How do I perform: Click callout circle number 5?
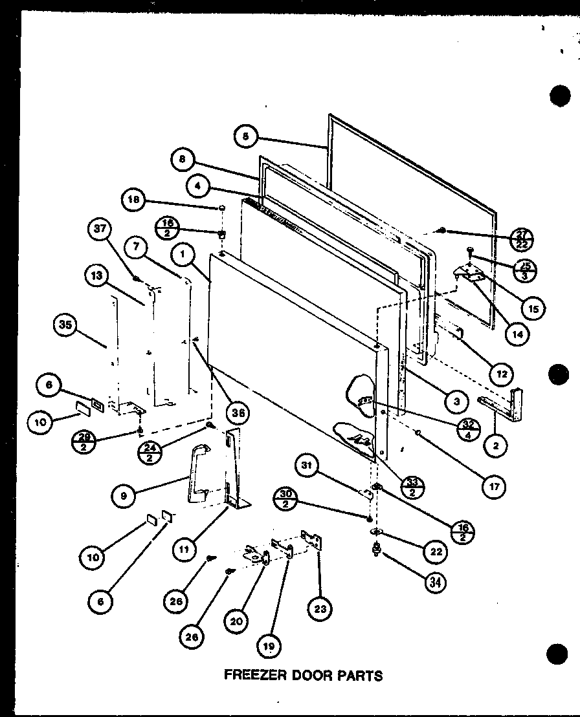click(245, 136)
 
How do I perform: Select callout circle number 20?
click(237, 621)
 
